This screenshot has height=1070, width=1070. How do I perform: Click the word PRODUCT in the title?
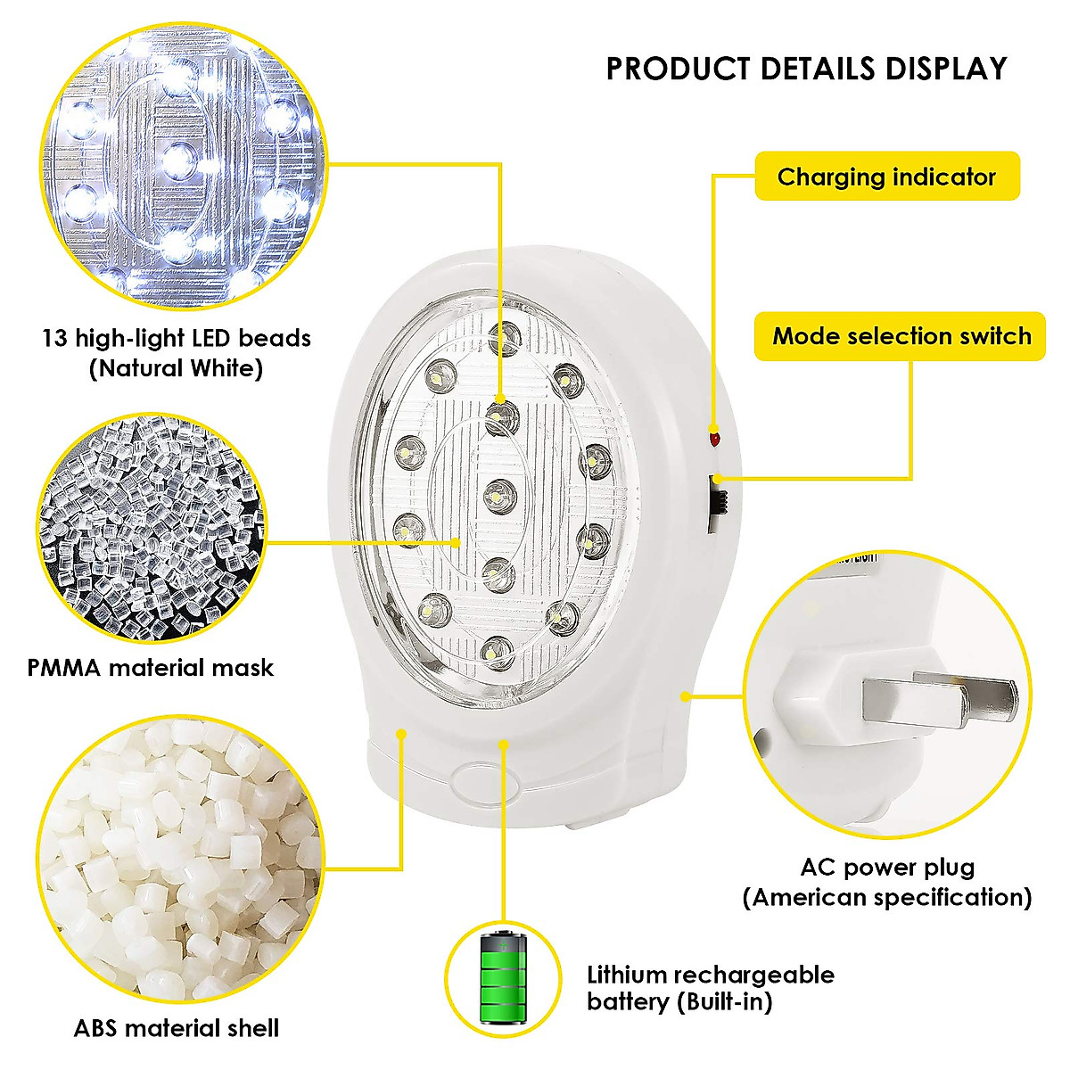(x=679, y=69)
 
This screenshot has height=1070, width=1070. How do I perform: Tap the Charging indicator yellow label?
(x=886, y=177)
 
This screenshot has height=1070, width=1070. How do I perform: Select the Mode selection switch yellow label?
(x=901, y=336)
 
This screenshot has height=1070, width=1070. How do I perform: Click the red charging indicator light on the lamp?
(x=713, y=438)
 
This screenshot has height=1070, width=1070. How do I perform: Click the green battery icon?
(x=504, y=978)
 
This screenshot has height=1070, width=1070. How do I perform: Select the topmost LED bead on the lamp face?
(x=506, y=338)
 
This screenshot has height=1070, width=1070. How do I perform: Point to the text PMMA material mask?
(x=150, y=668)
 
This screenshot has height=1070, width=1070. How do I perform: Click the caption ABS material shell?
(x=177, y=1028)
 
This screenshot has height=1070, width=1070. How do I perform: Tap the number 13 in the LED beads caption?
(x=54, y=339)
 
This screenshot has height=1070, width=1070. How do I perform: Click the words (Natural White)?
(x=176, y=368)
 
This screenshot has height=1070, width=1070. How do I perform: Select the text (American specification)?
(x=887, y=897)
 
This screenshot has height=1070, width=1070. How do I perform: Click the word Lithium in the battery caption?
(x=627, y=975)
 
